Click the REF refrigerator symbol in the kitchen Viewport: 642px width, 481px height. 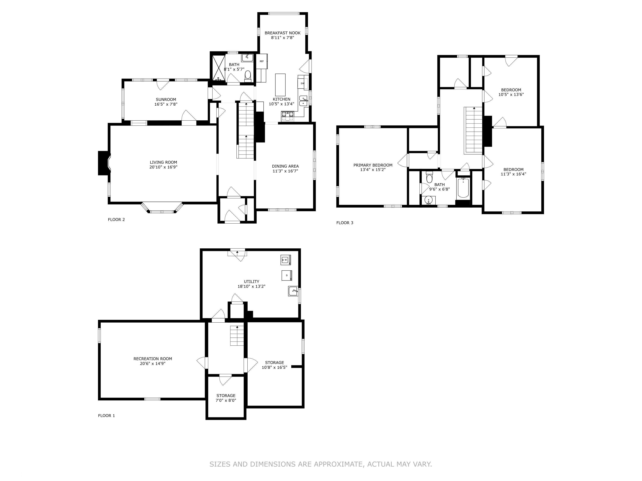click(262, 61)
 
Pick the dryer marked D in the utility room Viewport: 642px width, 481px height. click(287, 275)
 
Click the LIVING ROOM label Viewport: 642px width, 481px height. click(163, 162)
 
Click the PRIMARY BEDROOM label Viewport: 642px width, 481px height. click(373, 165)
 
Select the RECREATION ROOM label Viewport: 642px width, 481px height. click(153, 359)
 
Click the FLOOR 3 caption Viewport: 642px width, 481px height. click(345, 223)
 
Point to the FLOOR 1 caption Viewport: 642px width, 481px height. click(107, 415)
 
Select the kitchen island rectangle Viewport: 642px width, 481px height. click(280, 85)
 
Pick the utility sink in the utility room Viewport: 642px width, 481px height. click(293, 291)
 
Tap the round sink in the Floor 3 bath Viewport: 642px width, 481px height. click(429, 200)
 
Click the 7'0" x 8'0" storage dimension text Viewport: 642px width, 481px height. click(226, 400)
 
